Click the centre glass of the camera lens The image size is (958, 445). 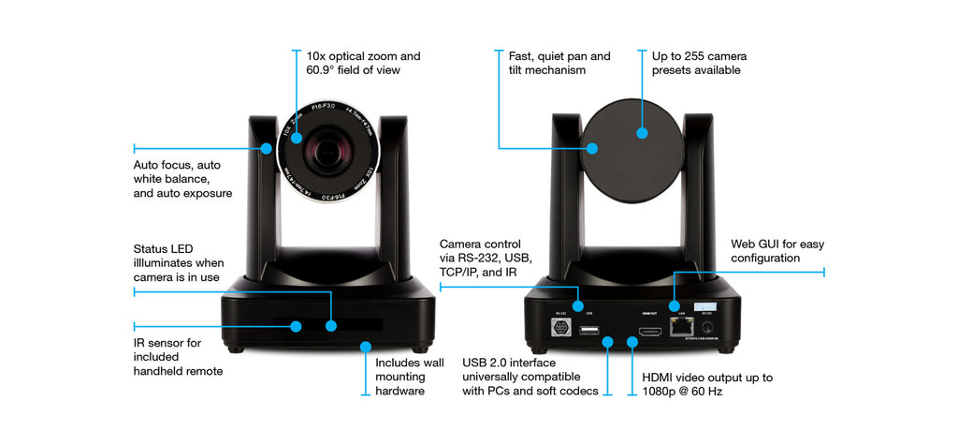[x=328, y=151]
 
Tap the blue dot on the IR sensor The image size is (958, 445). [x=296, y=326]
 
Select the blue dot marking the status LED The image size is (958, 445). [x=331, y=326]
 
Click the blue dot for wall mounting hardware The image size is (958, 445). [x=364, y=346]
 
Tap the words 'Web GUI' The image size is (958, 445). [x=757, y=244]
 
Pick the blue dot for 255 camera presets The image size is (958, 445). [x=643, y=133]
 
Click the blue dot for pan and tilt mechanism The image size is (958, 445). [x=590, y=147]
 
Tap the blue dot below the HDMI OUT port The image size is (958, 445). [x=632, y=343]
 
